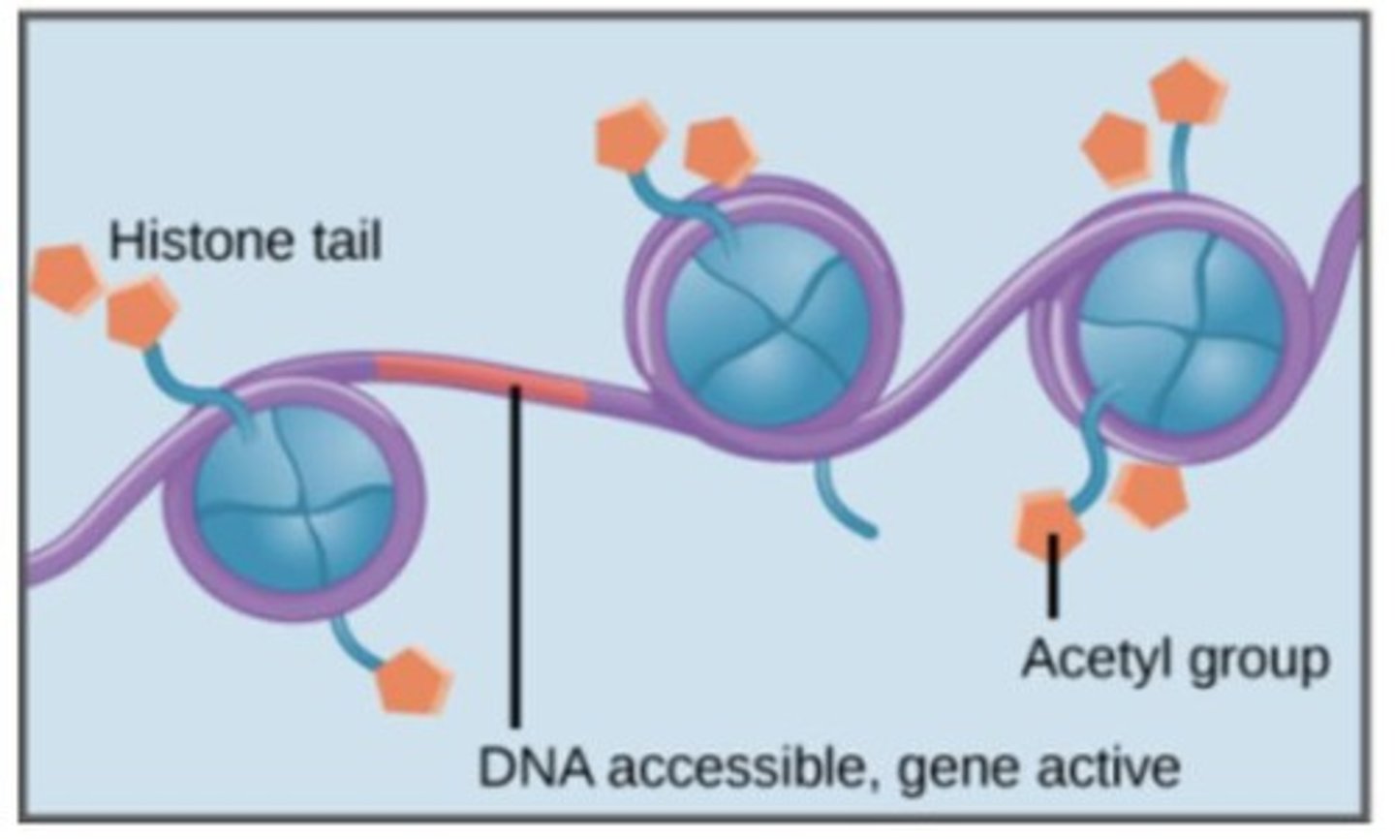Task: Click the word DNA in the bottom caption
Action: tap(535, 768)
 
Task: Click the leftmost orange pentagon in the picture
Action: tap(66, 278)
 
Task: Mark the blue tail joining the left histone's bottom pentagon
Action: tap(354, 641)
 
